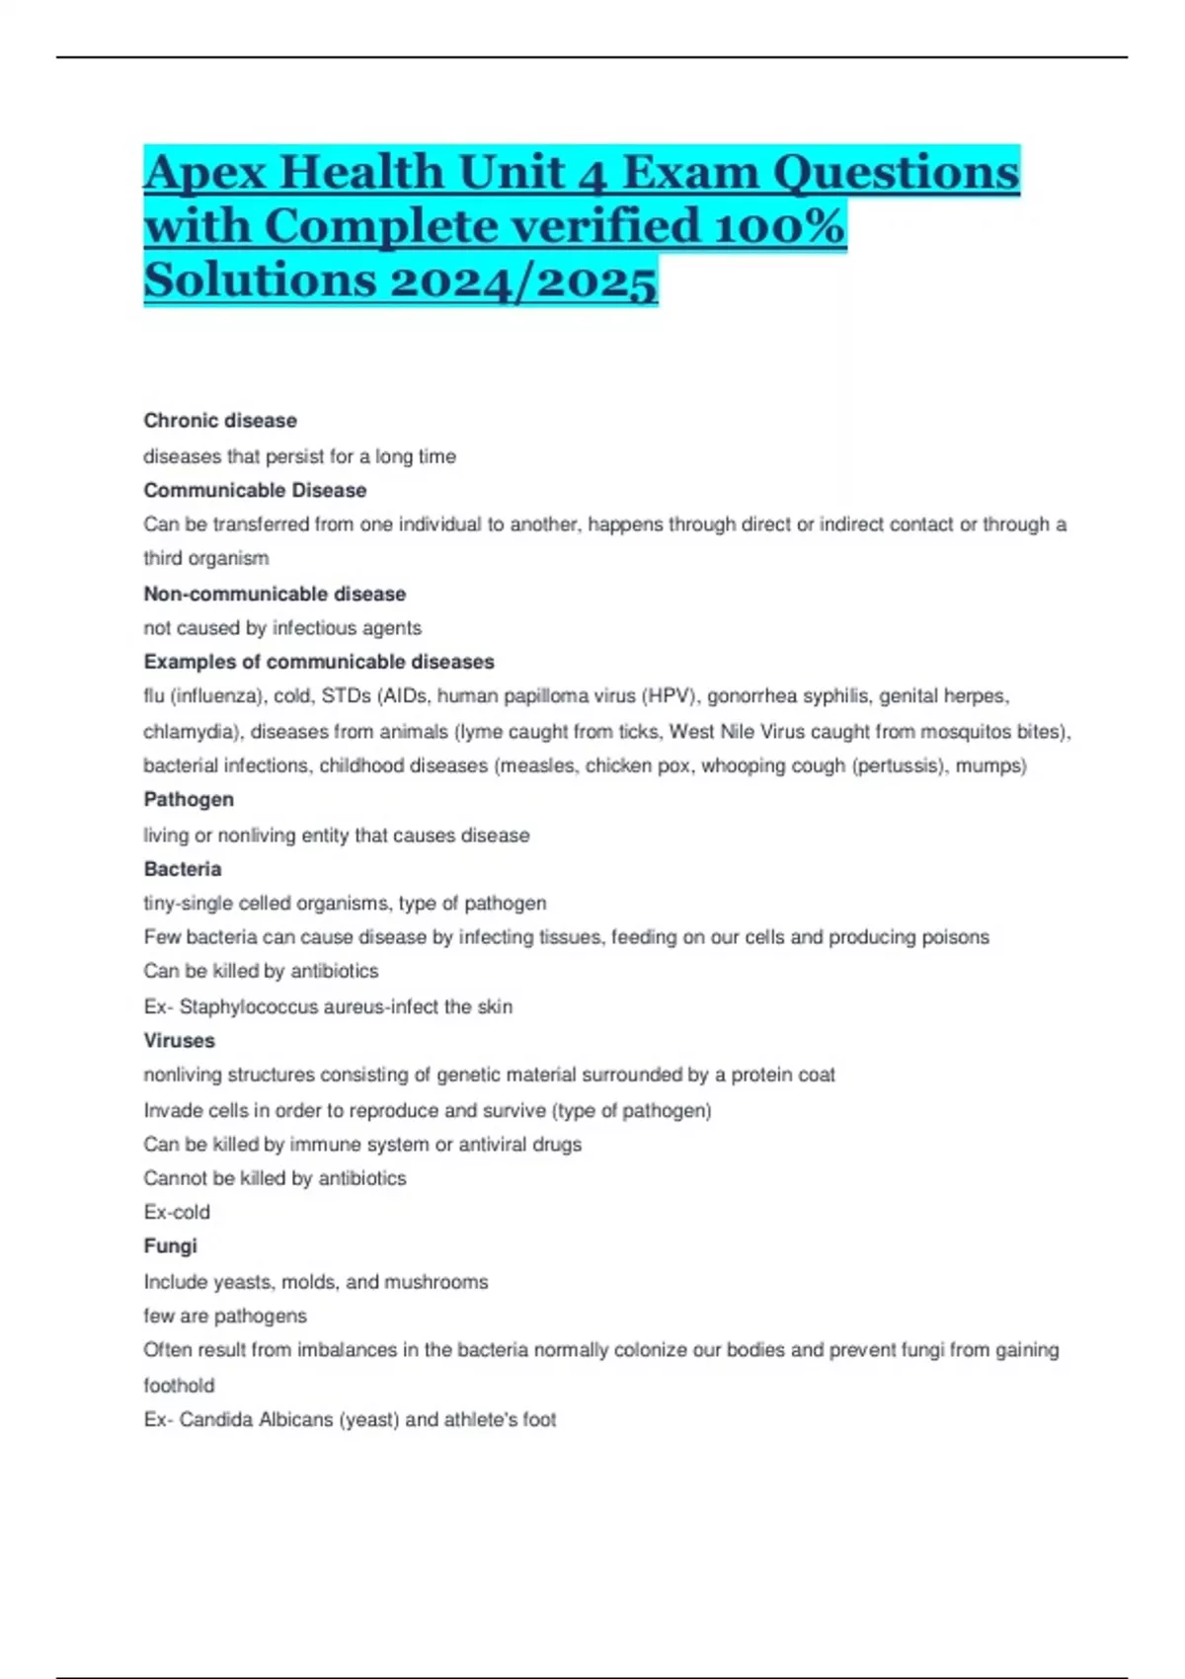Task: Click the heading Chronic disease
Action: pyautogui.click(x=220, y=421)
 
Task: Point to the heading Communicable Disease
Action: pyautogui.click(x=255, y=490)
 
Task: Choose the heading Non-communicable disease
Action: pyautogui.click(x=275, y=594)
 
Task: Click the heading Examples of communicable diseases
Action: pyautogui.click(x=319, y=662)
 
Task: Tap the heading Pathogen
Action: pyautogui.click(x=189, y=799)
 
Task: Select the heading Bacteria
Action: pyautogui.click(x=183, y=869)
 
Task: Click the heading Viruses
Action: pyautogui.click(x=179, y=1040)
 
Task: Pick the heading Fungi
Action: pyautogui.click(x=171, y=1246)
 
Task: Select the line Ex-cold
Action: pyautogui.click(x=177, y=1212)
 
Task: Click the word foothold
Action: pyautogui.click(x=179, y=1385)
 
